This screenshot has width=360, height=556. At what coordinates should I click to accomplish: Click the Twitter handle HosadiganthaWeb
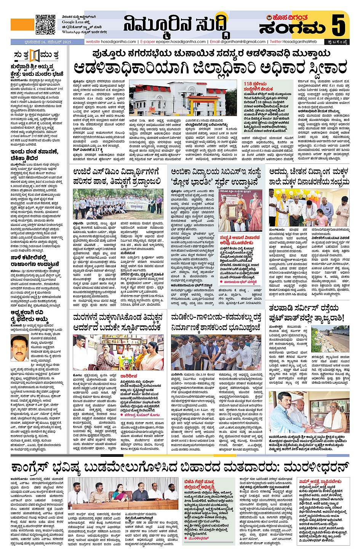(x=300, y=42)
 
